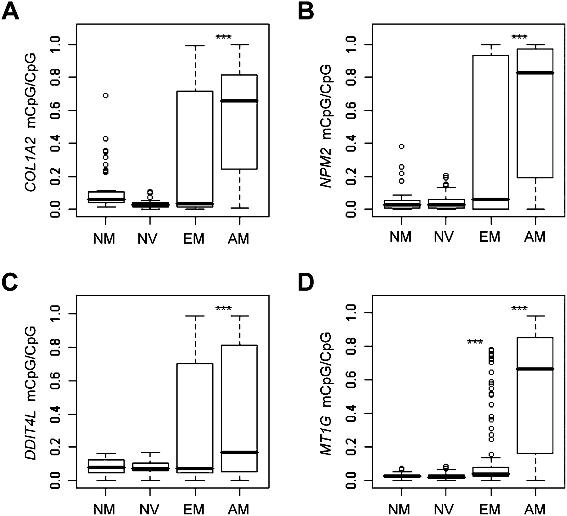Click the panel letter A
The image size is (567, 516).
(x=10, y=12)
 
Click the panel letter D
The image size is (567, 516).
(x=306, y=283)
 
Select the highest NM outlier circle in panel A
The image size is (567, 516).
(x=106, y=96)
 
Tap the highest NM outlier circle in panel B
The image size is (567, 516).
(x=402, y=146)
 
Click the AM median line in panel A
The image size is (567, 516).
(x=239, y=101)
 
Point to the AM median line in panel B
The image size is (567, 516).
(x=535, y=73)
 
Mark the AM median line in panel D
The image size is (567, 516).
(x=535, y=369)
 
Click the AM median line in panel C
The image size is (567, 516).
(x=239, y=452)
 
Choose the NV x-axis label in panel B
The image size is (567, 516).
(x=444, y=237)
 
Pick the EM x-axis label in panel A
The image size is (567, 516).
(x=194, y=239)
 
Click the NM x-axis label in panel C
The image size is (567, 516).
(x=104, y=509)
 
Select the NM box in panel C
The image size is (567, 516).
(x=106, y=466)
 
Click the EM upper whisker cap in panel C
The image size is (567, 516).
(x=195, y=316)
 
